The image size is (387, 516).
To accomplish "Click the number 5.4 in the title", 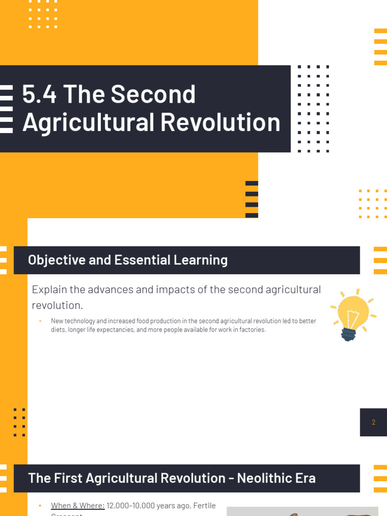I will coord(39,94).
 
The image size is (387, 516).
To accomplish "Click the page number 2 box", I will coord(373,422).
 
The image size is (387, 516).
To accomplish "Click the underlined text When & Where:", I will coord(78,505).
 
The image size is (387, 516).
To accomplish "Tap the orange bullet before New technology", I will coord(40,321).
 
